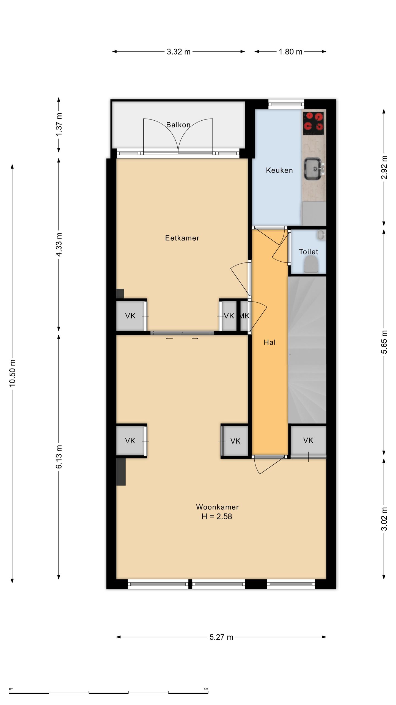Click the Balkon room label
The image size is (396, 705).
[x=178, y=125]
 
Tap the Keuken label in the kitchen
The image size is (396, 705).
[x=279, y=170]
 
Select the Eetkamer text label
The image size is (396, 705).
[x=182, y=238]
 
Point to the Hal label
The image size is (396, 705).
[x=269, y=342]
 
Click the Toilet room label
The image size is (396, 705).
[x=308, y=251]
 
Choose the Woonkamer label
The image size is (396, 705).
[x=217, y=507]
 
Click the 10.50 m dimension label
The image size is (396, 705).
[x=12, y=373]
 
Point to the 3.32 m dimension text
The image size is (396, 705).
[x=178, y=52]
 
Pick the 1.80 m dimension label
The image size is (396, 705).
[x=290, y=52]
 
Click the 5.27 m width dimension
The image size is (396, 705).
[x=221, y=637]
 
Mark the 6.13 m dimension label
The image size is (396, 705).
[x=59, y=456]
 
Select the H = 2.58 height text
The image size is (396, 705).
[x=217, y=516]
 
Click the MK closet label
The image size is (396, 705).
[x=245, y=316]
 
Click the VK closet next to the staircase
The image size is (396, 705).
[x=308, y=440]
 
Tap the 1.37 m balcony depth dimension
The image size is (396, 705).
[x=59, y=124]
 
